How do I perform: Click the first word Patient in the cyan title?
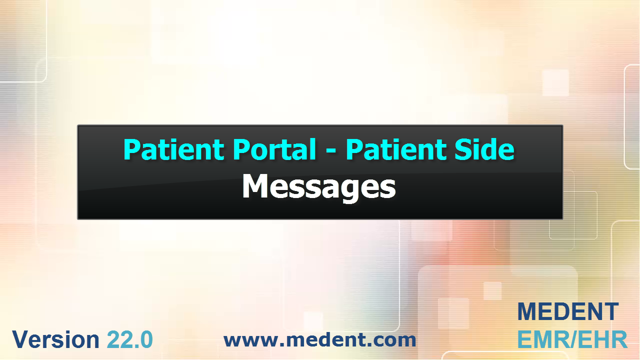point(173,149)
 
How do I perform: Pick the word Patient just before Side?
point(396,149)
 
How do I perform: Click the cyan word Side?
point(484,149)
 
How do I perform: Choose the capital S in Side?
point(463,149)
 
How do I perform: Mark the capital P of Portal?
point(241,149)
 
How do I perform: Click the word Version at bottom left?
point(55,339)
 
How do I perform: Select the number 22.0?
point(130,339)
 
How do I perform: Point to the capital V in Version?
point(20,339)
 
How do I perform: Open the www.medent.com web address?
point(320,340)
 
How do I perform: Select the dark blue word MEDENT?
point(568,311)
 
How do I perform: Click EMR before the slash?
point(541,339)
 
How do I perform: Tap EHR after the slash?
point(602,339)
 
